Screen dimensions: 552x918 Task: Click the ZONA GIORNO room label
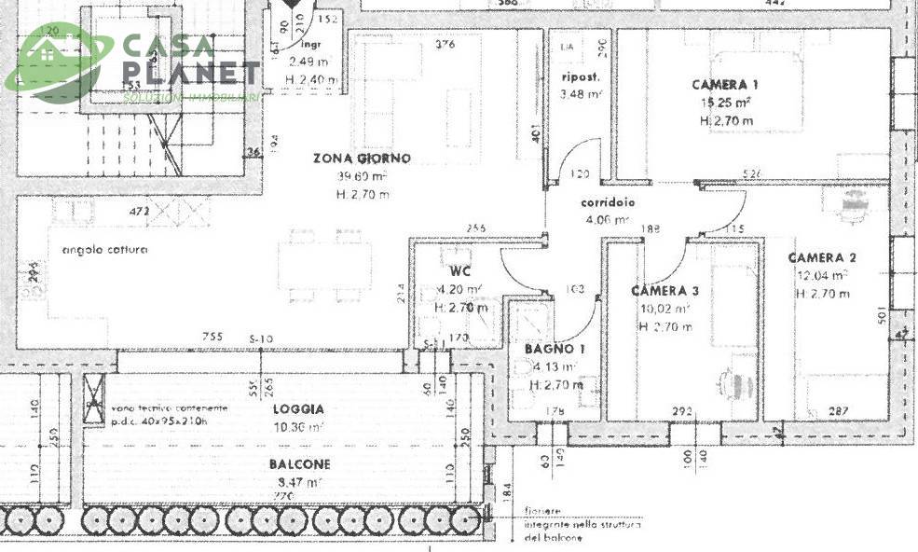tap(362, 159)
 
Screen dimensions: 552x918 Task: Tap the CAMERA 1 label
tap(724, 83)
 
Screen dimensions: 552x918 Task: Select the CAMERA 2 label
tap(821, 257)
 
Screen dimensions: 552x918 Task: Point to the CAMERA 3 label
tap(665, 291)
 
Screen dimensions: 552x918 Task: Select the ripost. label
tap(580, 76)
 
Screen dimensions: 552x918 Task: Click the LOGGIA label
tap(298, 408)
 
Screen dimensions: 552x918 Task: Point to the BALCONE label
tap(301, 464)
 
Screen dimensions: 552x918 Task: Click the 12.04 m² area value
tap(821, 276)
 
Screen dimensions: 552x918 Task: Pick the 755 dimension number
tap(215, 338)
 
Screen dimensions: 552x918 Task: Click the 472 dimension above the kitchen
tap(140, 212)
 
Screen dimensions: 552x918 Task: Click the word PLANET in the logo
tap(191, 73)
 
